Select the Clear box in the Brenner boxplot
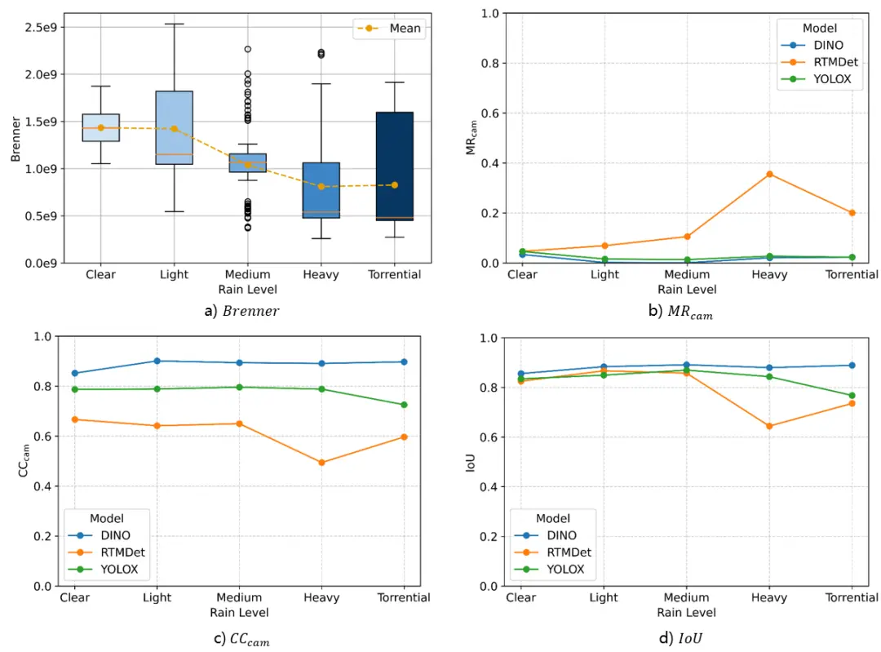tap(101, 127)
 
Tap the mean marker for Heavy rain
tap(321, 186)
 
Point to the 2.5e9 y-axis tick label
tap(40, 27)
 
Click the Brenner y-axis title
tap(15, 139)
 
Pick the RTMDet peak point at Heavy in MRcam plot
tap(769, 174)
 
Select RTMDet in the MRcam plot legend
tap(831, 62)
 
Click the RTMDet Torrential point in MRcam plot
tap(852, 212)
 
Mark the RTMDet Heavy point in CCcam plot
tap(321, 463)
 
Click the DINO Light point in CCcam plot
tap(157, 361)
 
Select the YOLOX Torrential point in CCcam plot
tap(404, 405)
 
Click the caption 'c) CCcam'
tap(241, 639)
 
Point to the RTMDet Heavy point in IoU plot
tap(769, 426)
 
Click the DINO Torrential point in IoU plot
tap(852, 366)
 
